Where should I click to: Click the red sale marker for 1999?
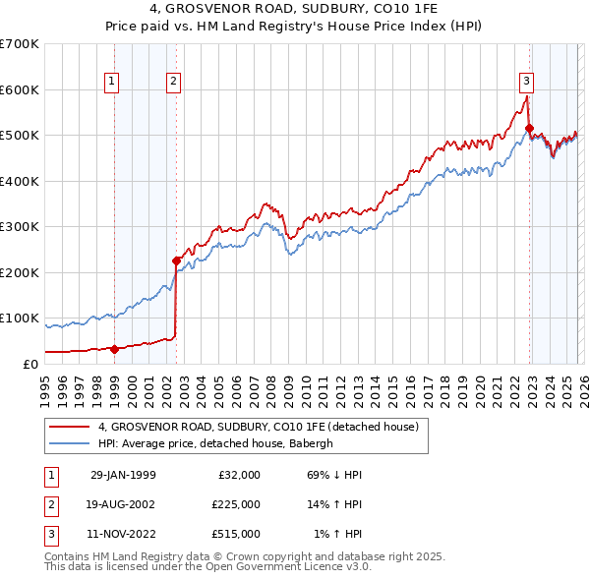tap(115, 349)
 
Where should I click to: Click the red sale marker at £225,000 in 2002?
tap(177, 261)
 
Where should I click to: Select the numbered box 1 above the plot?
tap(111, 83)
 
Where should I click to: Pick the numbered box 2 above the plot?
tap(173, 83)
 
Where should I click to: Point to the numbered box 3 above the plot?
tap(527, 83)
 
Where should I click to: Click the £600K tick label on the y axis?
tap(20, 89)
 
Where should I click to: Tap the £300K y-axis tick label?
tap(20, 227)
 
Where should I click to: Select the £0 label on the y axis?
tap(29, 364)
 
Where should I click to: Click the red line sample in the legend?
tap(69, 427)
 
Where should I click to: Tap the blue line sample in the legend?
tap(69, 443)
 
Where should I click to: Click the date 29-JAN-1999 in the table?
tap(123, 475)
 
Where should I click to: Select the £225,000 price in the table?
tap(235, 504)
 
